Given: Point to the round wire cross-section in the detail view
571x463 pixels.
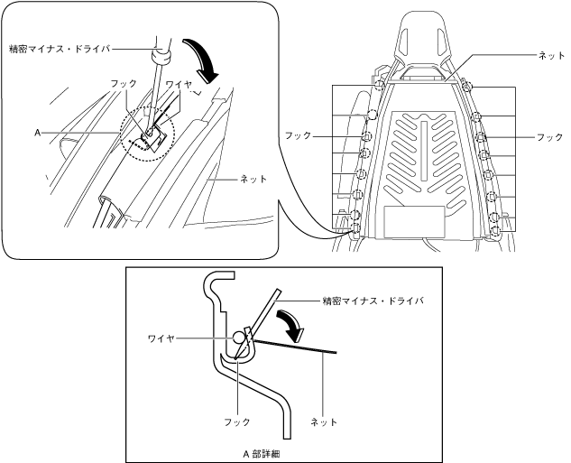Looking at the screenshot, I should (239, 338).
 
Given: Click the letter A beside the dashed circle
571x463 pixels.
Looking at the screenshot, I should (38, 132).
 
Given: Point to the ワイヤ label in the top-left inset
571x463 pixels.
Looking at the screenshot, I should (180, 83).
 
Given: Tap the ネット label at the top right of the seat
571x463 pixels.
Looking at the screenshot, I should (550, 55).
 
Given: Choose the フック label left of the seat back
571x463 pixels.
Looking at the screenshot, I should (297, 135).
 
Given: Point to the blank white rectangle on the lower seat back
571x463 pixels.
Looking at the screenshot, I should (414, 221).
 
